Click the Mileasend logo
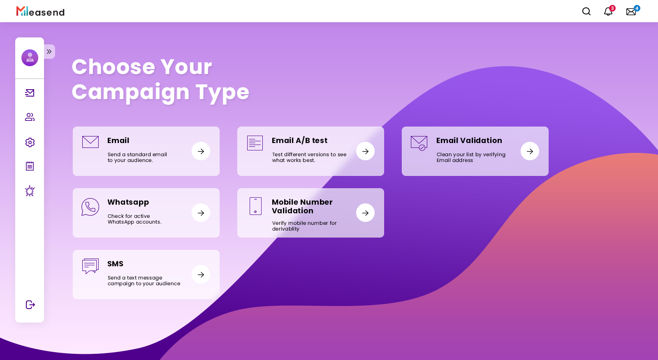(41, 11)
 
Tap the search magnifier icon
(586, 12)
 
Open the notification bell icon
(608, 12)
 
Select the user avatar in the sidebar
(30, 58)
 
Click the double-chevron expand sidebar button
(49, 52)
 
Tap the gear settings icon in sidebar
(30, 143)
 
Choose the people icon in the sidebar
(30, 117)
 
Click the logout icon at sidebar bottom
(30, 305)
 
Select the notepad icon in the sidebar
(30, 166)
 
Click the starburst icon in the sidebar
(30, 191)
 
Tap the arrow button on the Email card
(201, 151)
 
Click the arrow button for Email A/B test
(366, 151)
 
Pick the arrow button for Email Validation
(530, 151)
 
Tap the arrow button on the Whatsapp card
(201, 213)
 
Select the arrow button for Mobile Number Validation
(366, 213)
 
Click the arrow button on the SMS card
(201, 275)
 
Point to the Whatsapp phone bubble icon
(90, 207)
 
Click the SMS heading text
(116, 264)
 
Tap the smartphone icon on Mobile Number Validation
(255, 206)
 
